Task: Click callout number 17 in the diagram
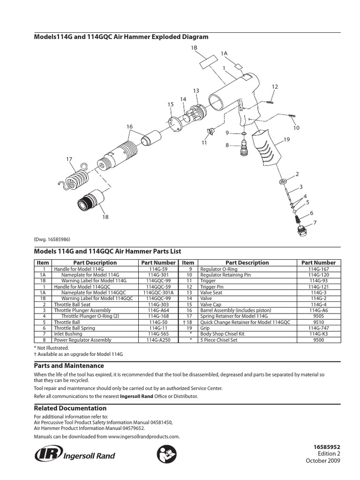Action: (69, 159)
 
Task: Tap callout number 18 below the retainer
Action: (105, 217)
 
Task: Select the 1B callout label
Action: (194, 48)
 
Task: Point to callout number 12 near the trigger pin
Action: (275, 87)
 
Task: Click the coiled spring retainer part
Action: (76, 178)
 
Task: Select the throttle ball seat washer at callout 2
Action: (283, 181)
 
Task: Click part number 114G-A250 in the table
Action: (158, 340)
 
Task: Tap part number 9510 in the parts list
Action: (318, 323)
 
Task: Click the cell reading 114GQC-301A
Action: (158, 292)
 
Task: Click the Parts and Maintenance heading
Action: (69, 366)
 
